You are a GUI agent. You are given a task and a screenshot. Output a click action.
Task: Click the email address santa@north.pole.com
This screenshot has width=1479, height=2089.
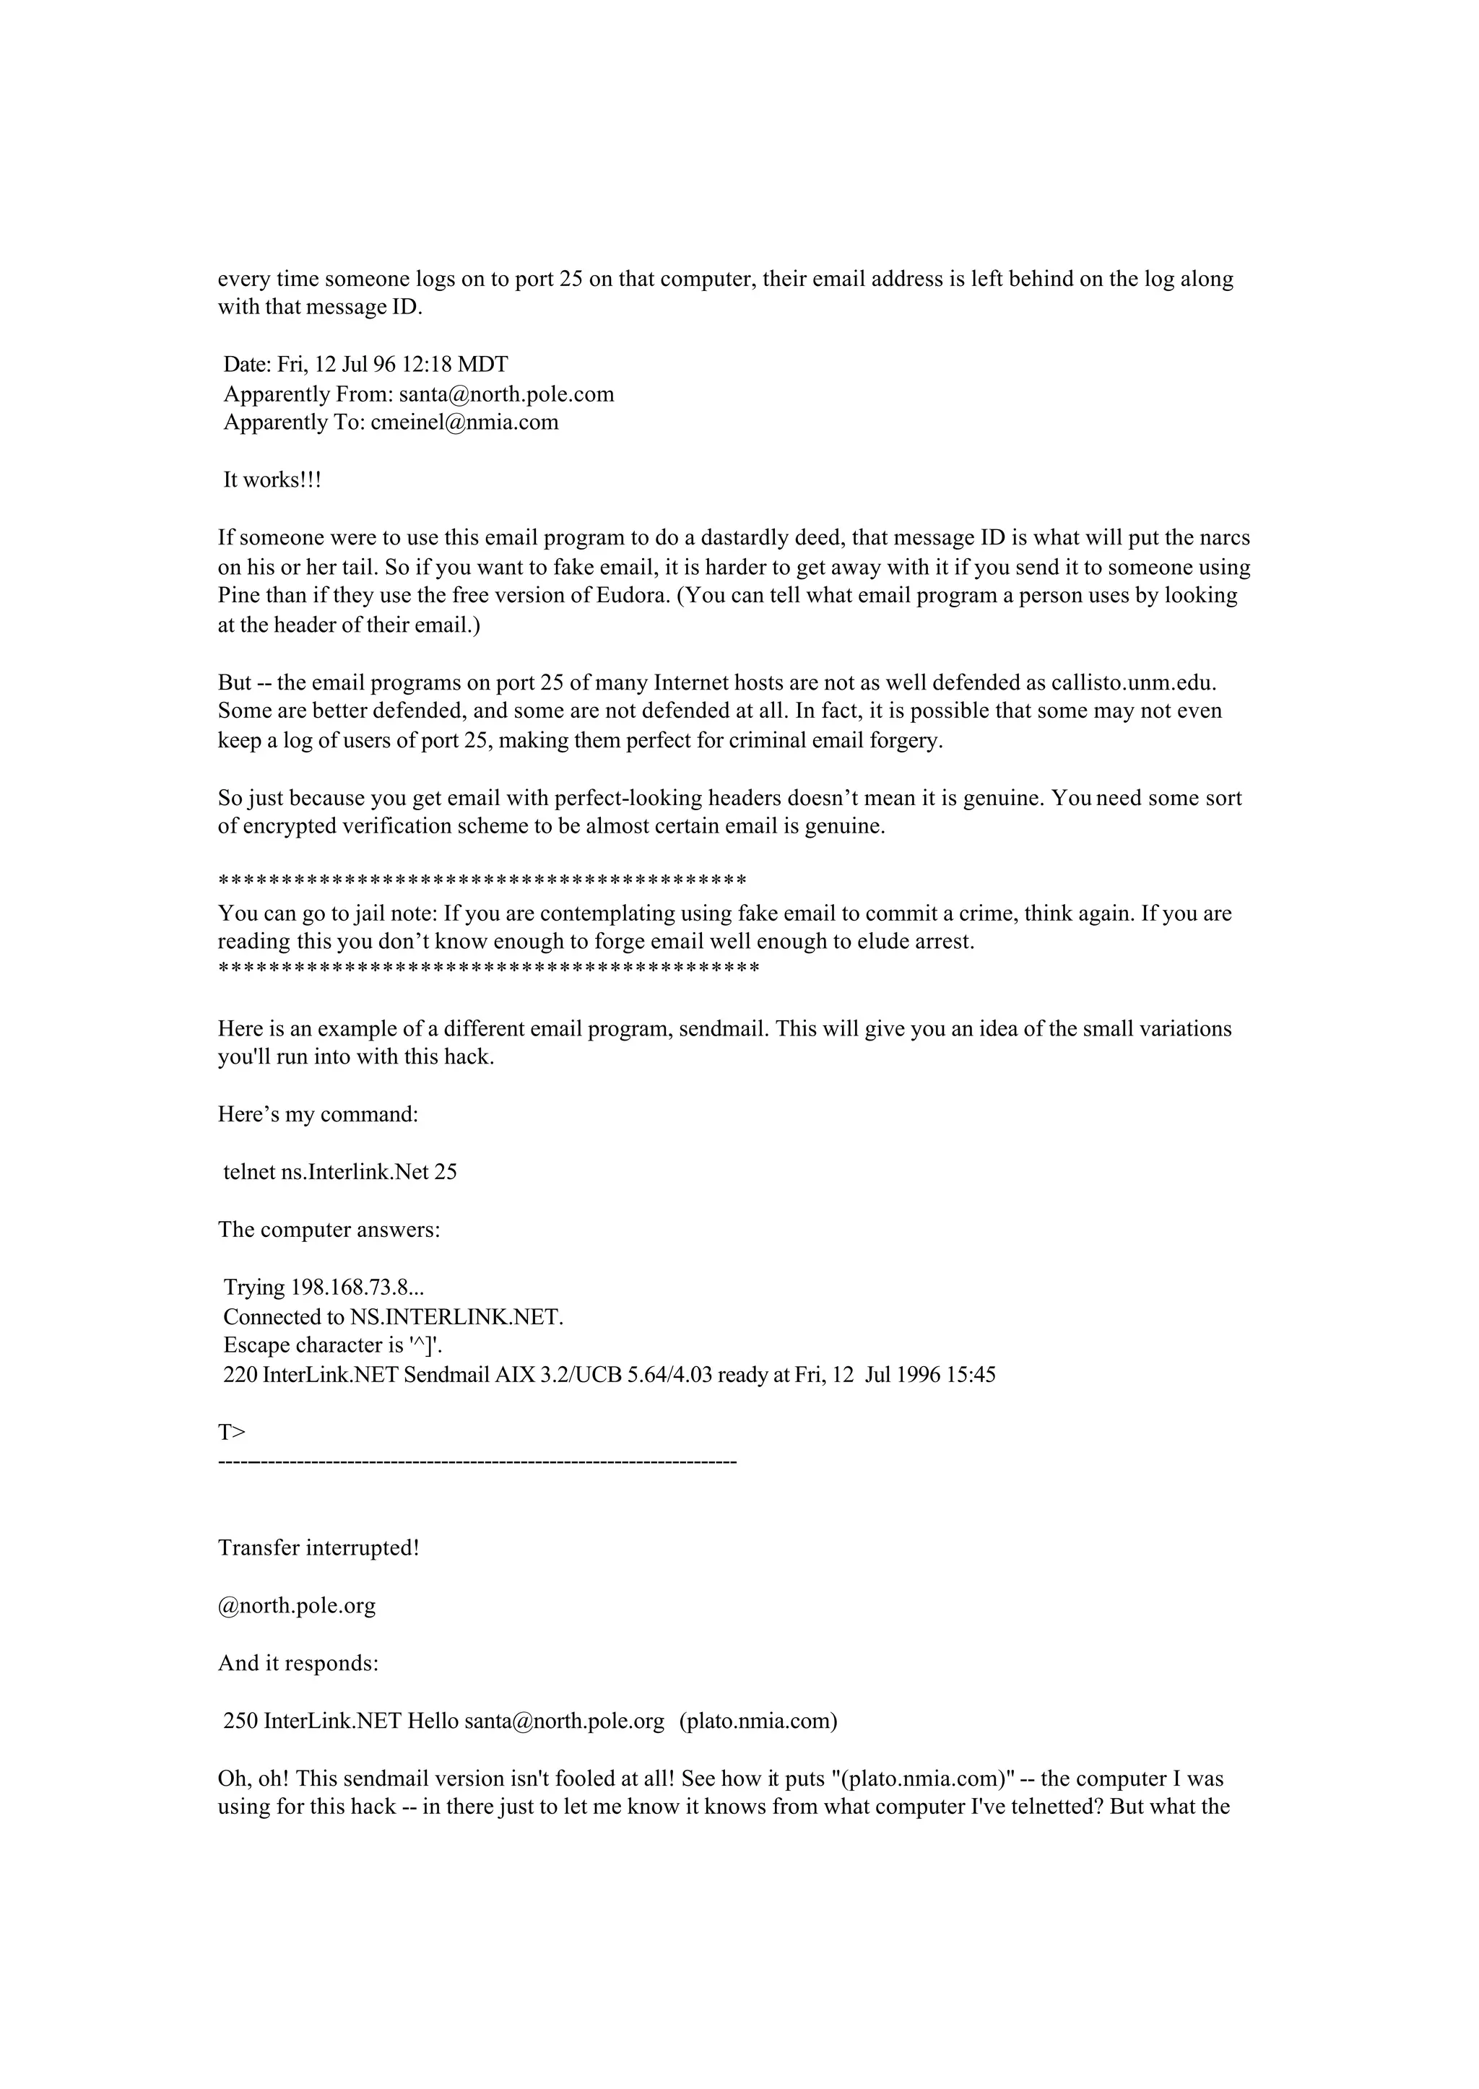click(506, 394)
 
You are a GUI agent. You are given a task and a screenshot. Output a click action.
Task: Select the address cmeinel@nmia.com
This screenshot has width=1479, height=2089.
click(464, 422)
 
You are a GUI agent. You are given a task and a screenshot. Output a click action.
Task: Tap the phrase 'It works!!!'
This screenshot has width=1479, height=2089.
click(272, 480)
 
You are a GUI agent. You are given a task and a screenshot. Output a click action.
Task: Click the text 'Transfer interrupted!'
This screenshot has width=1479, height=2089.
click(318, 1548)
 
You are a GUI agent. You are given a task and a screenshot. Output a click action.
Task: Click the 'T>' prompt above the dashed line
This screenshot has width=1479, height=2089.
click(231, 1433)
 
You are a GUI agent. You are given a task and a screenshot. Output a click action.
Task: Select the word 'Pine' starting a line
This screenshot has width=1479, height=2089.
click(238, 596)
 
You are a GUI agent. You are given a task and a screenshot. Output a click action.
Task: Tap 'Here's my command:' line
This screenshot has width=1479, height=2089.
click(318, 1115)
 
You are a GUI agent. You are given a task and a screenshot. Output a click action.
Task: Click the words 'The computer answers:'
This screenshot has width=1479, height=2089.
click(329, 1230)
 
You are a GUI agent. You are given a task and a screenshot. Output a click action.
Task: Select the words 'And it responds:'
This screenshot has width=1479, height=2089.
click(298, 1664)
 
